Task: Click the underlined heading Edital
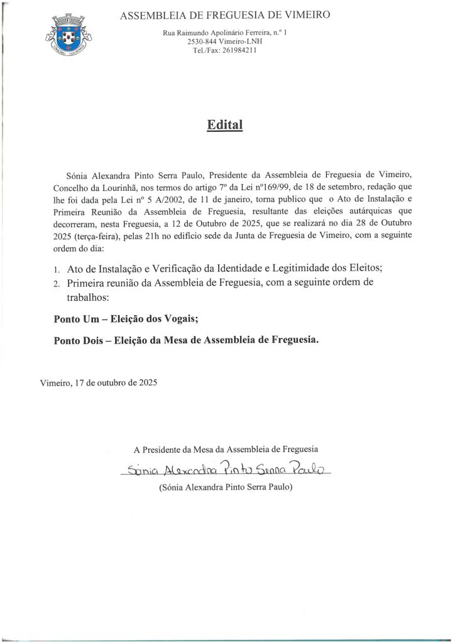click(224, 124)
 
